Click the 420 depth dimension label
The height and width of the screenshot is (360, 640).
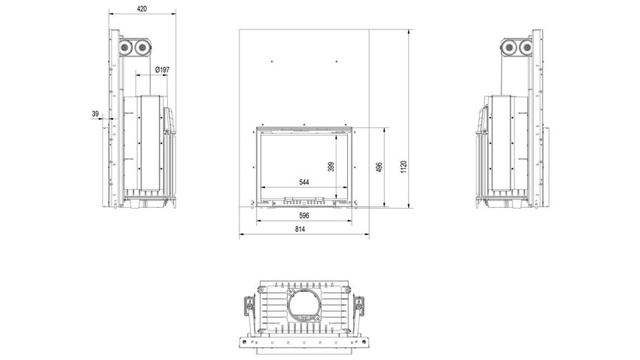(x=142, y=8)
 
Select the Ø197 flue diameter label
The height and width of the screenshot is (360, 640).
(x=162, y=70)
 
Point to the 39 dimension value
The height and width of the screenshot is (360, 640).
(x=95, y=114)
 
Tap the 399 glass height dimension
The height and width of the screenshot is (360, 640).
(x=331, y=166)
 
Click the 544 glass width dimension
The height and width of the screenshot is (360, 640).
(x=304, y=182)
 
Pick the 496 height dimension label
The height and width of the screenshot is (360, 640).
(x=379, y=167)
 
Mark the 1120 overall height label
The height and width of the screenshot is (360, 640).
(x=404, y=166)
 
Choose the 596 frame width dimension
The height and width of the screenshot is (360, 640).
(x=304, y=215)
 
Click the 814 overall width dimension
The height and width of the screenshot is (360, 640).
(x=300, y=230)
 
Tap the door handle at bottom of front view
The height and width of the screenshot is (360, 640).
(x=304, y=200)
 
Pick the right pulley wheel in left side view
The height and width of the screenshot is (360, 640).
(x=142, y=47)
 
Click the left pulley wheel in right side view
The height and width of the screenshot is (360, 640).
(x=509, y=47)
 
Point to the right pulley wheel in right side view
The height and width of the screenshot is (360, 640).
(x=526, y=47)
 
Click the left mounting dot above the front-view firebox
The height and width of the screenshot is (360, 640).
(x=272, y=62)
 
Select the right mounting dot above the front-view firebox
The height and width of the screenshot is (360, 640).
(x=337, y=62)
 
